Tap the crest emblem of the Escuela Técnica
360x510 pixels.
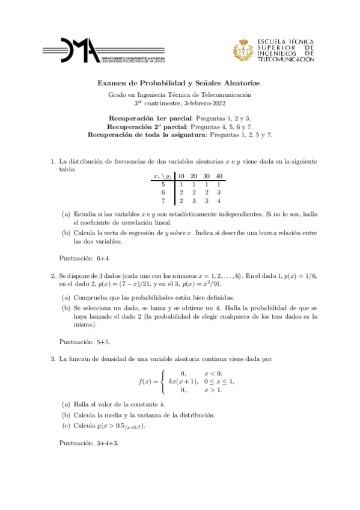(x=244, y=50)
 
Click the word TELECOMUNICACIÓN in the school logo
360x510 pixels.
(x=285, y=60)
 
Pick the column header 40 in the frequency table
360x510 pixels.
(x=219, y=176)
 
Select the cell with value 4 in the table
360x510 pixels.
(x=219, y=201)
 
